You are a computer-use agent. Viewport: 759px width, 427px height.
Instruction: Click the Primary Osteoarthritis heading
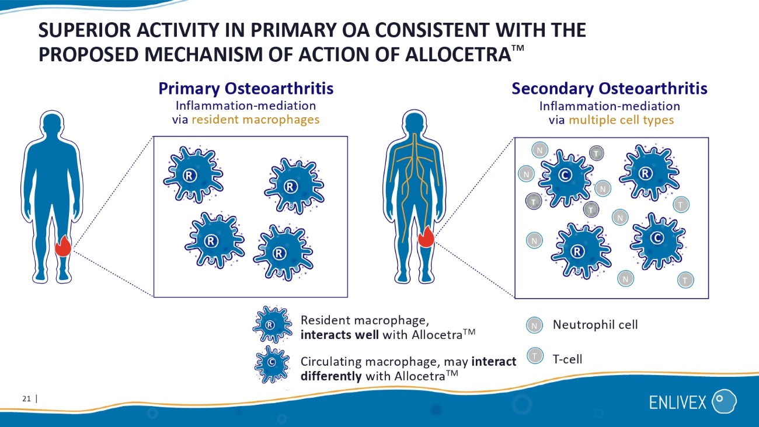coord(246,89)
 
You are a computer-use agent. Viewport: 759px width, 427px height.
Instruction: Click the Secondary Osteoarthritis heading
coord(610,89)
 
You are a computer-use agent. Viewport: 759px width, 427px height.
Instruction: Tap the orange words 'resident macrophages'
coord(256,120)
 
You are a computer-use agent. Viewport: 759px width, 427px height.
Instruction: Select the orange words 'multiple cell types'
coord(621,120)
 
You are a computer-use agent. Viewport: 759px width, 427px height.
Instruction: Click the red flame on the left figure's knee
coord(63,246)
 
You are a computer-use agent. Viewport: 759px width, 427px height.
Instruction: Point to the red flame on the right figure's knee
coord(426,237)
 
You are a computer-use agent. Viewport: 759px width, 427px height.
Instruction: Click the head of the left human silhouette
coord(52,124)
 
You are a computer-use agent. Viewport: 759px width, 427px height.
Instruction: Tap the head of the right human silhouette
coord(414,123)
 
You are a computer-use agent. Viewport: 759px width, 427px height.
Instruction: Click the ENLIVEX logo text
coord(678,402)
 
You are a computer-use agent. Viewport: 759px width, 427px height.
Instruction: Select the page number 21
coord(26,398)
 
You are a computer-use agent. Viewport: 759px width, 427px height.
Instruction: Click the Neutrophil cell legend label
coord(596,325)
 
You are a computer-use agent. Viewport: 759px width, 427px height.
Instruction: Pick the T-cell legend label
coord(567,359)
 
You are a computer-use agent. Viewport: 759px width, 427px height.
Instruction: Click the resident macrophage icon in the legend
coord(272,324)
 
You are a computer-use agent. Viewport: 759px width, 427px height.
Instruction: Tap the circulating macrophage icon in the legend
coord(272,364)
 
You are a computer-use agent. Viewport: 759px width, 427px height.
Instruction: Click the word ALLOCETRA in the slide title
coord(458,55)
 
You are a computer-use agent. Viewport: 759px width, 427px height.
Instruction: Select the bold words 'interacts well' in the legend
coord(340,335)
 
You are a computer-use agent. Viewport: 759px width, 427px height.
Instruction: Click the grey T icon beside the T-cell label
coord(535,356)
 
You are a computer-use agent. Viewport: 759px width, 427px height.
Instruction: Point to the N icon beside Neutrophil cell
coord(534,325)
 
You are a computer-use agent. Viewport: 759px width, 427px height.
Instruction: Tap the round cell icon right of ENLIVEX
coord(724,401)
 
